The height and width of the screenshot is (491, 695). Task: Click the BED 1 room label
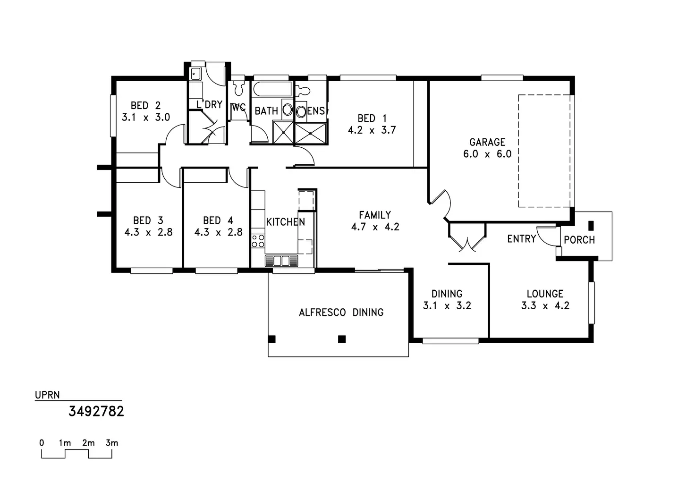pyautogui.click(x=372, y=118)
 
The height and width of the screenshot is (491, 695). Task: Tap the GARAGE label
pyautogui.click(x=487, y=142)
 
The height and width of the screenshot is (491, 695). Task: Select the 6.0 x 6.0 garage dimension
pyautogui.click(x=487, y=154)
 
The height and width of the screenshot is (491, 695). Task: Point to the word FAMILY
pyautogui.click(x=375, y=215)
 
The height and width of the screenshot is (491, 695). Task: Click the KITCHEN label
pyautogui.click(x=285, y=222)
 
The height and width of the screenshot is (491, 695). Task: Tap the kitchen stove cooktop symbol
pyautogui.click(x=258, y=241)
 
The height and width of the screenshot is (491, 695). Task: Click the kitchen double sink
pyautogui.click(x=281, y=261)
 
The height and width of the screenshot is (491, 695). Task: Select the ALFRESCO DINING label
pyautogui.click(x=341, y=313)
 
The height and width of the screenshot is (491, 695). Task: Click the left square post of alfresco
pyautogui.click(x=272, y=339)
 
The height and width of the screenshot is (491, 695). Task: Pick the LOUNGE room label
pyautogui.click(x=545, y=294)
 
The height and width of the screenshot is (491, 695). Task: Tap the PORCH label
pyautogui.click(x=579, y=240)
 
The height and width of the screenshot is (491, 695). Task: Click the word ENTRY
pyautogui.click(x=521, y=239)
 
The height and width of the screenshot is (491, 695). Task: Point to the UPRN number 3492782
pyautogui.click(x=96, y=411)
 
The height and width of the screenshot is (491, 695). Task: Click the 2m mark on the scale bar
pyautogui.click(x=88, y=443)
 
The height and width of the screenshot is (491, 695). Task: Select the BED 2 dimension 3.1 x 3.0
pyautogui.click(x=146, y=117)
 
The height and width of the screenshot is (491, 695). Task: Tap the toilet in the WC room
pyautogui.click(x=238, y=88)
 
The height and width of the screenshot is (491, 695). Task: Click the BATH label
pyautogui.click(x=266, y=111)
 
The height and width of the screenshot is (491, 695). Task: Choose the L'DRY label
pyautogui.click(x=209, y=104)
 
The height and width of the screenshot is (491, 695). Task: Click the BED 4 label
pyautogui.click(x=218, y=220)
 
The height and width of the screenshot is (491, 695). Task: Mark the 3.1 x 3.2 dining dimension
pyautogui.click(x=447, y=305)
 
